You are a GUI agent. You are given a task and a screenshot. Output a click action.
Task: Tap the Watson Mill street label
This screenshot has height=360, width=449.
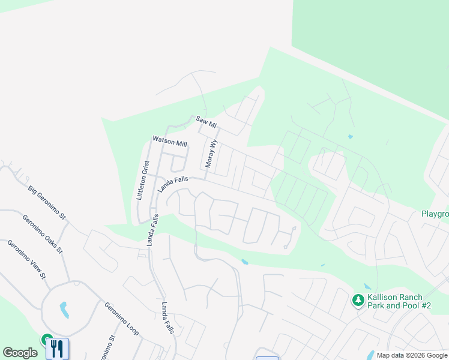tap(170, 142)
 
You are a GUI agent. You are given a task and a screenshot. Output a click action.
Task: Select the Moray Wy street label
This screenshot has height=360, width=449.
tap(210, 155)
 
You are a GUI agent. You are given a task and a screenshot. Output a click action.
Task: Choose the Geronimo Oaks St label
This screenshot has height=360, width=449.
tap(43, 234)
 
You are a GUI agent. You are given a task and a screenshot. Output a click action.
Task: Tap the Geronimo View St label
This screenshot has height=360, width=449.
tap(26, 259)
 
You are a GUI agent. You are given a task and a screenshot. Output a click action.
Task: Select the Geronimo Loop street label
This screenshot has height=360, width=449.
tap(121, 317)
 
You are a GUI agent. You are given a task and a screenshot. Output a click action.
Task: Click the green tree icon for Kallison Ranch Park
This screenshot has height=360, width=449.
tap(358, 299)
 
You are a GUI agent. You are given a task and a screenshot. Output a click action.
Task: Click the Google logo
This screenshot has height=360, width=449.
tap(20, 353)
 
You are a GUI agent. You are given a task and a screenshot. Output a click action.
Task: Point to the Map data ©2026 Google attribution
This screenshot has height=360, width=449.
tap(412, 355)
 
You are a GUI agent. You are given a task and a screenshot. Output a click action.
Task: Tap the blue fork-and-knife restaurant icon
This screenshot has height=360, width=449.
tap(57, 348)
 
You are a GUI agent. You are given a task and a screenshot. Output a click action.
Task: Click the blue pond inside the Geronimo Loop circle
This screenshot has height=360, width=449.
tap(64, 310)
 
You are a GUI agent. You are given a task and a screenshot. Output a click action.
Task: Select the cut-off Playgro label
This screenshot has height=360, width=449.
tap(435, 214)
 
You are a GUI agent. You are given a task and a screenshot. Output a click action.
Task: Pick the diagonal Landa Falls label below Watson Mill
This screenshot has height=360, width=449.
tap(173, 184)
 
